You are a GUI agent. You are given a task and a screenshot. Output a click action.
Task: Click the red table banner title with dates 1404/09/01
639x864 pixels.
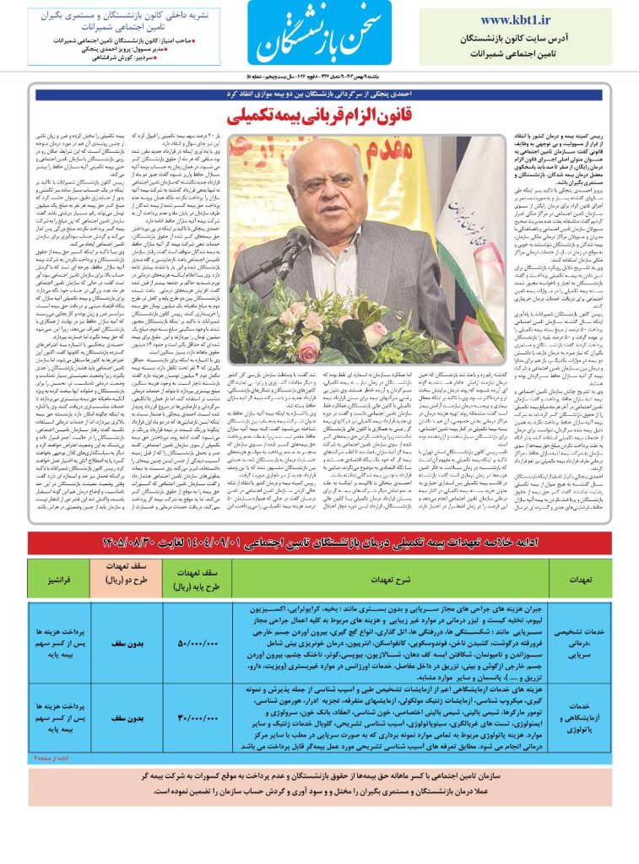point(319,542)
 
